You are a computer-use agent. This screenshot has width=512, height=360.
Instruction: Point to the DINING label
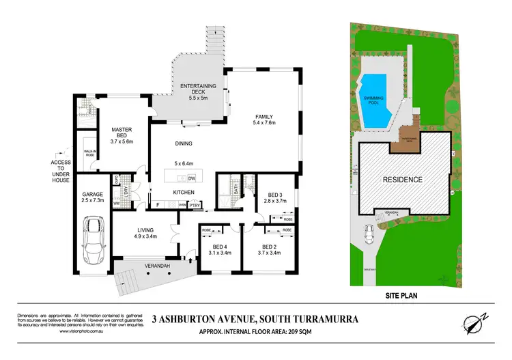pyautogui.click(x=184, y=143)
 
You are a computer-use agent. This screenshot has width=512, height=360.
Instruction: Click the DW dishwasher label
pyautogui.click(x=192, y=178)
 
